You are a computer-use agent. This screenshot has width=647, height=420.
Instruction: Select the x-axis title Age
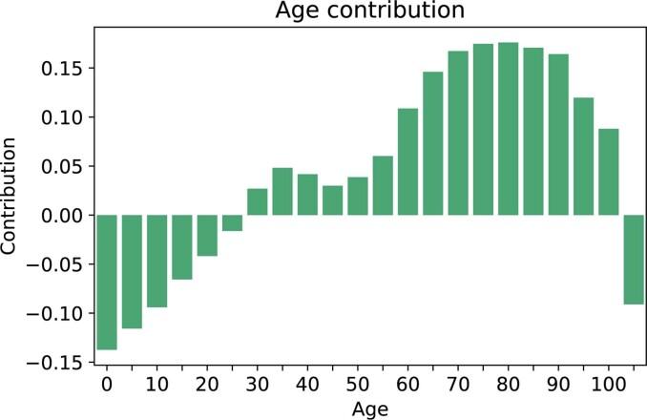tap(368, 409)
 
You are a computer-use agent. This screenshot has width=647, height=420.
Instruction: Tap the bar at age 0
tap(107, 283)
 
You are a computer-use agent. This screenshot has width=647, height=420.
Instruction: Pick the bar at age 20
tap(207, 235)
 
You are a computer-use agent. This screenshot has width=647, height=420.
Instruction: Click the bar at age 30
tap(258, 201)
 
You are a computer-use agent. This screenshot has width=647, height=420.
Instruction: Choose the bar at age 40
tap(307, 195)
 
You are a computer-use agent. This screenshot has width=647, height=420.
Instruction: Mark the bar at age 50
tap(358, 196)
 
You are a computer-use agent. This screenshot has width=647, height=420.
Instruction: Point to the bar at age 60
tap(408, 161)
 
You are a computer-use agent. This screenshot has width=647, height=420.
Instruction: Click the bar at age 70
tap(458, 133)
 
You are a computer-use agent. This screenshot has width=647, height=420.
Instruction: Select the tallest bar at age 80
tap(509, 129)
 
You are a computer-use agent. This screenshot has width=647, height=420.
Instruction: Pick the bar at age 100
tap(609, 172)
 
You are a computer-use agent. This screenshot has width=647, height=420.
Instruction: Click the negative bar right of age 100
tap(634, 259)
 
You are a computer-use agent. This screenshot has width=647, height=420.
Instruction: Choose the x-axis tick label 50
tap(358, 384)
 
